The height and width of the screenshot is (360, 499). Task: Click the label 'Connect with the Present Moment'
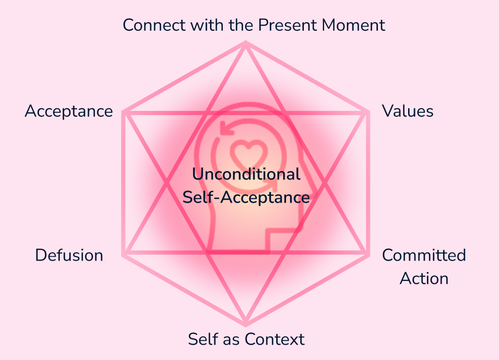click(254, 25)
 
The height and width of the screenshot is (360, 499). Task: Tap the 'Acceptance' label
click(69, 111)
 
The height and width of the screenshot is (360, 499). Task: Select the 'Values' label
click(408, 111)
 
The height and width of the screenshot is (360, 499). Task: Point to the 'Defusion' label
click(69, 255)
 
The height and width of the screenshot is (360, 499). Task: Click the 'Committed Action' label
click(424, 267)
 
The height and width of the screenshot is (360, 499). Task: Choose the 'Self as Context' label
click(246, 339)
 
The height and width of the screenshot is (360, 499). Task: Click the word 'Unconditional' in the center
click(246, 174)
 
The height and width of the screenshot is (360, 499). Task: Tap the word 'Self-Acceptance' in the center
click(246, 197)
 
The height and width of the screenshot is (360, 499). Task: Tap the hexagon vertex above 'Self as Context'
click(246, 324)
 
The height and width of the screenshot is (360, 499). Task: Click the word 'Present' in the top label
click(291, 25)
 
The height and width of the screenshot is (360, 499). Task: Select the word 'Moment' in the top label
click(355, 25)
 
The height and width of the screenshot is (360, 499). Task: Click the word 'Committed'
click(424, 255)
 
